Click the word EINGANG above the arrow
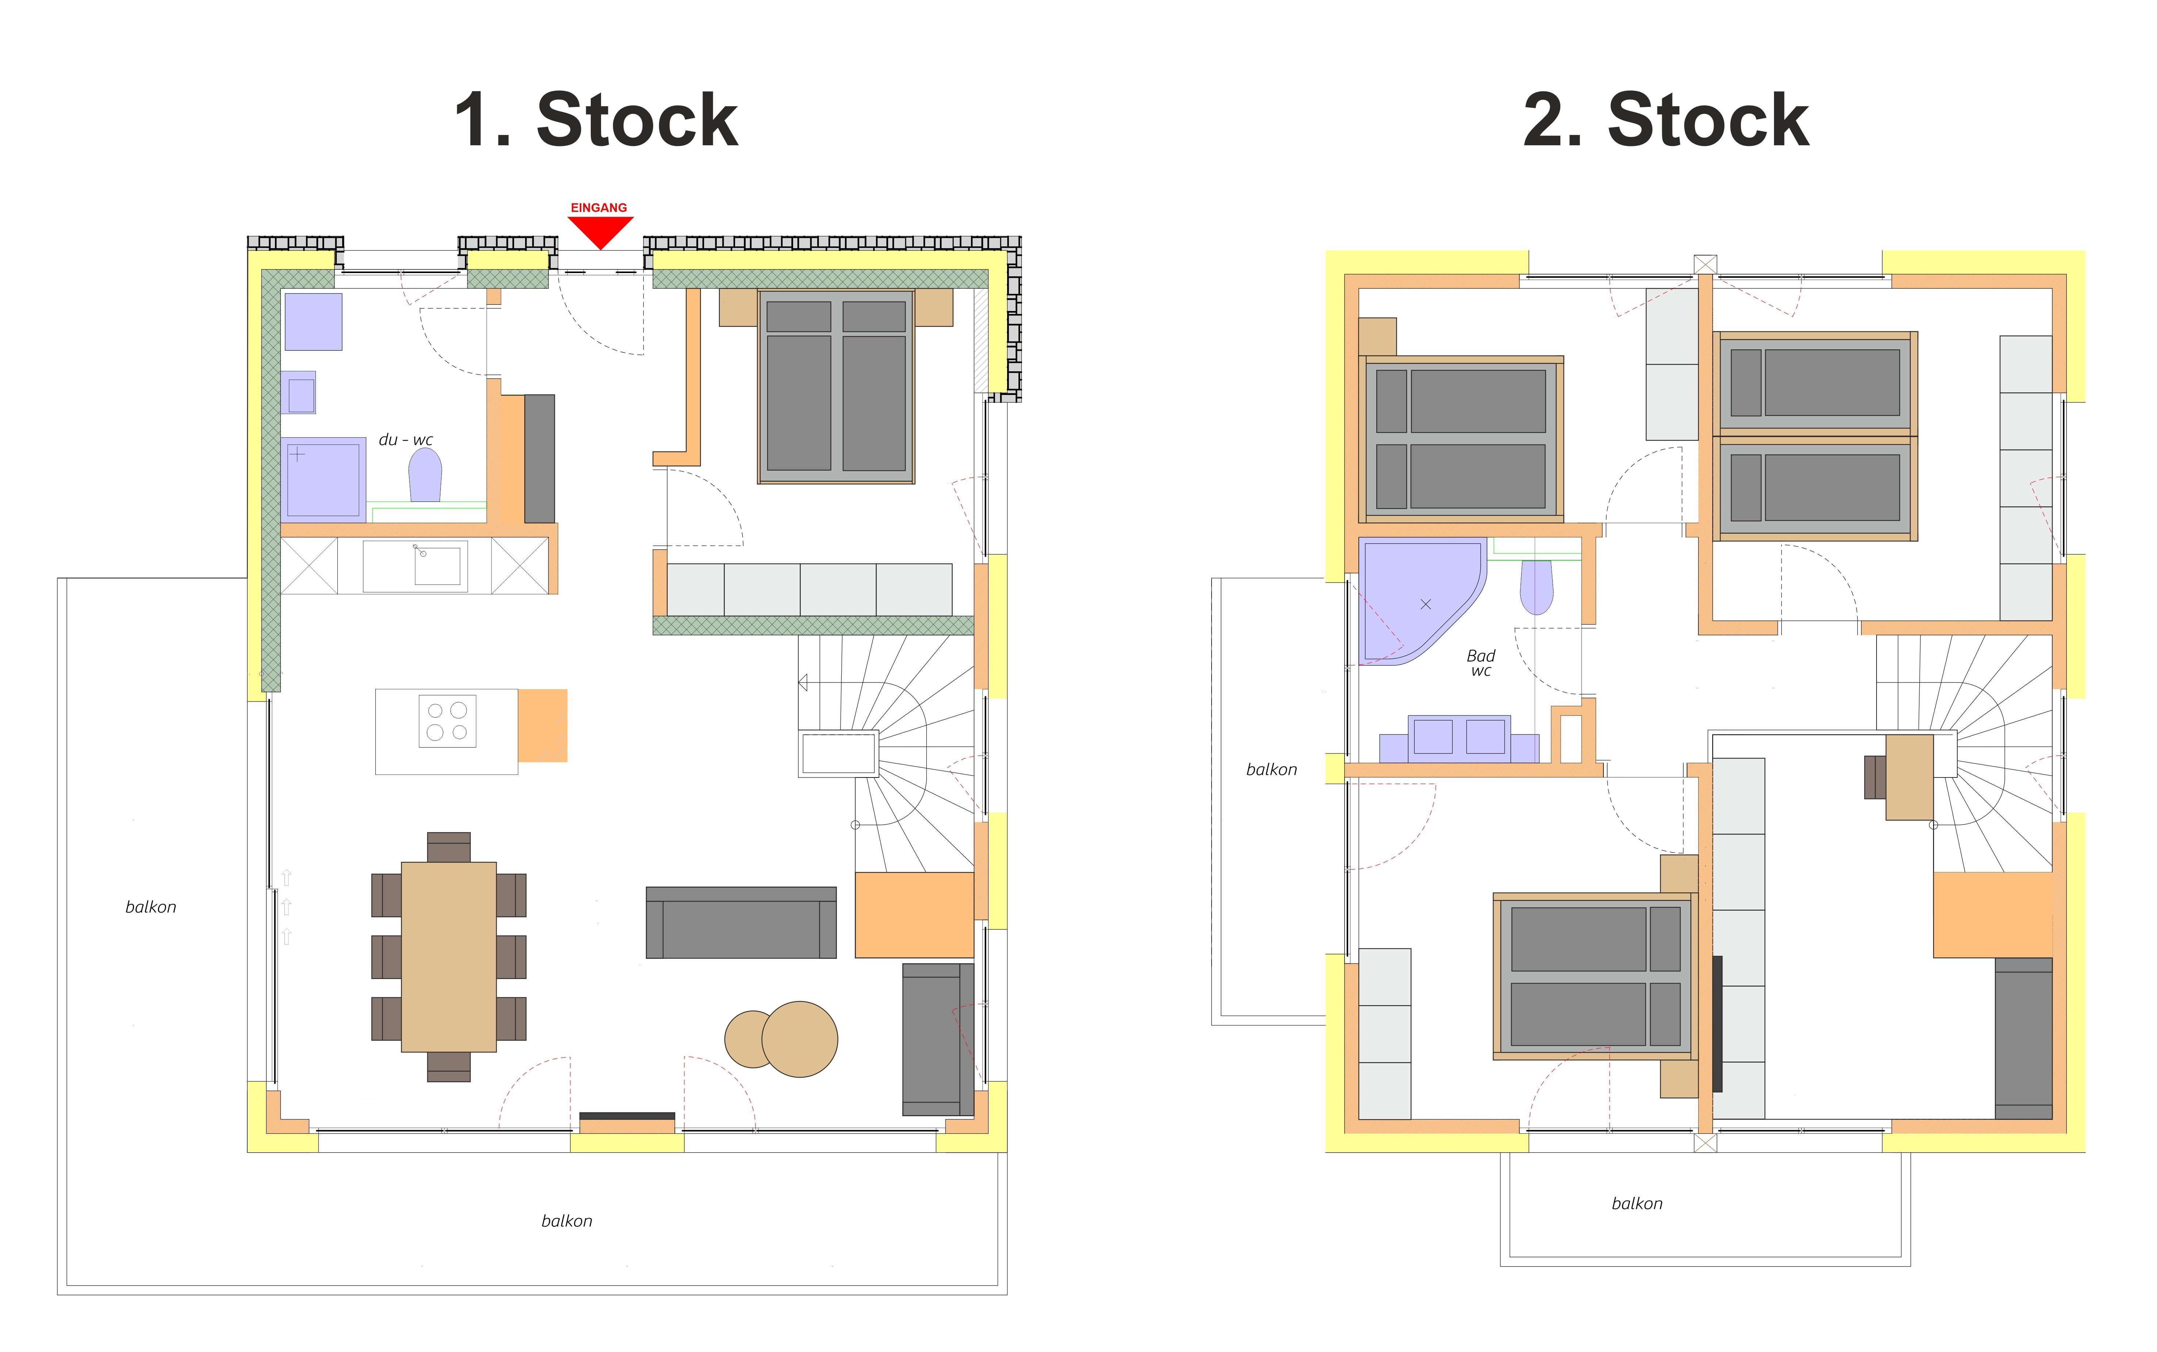[599, 207]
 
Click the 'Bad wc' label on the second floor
[1481, 662]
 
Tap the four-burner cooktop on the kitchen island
[447, 721]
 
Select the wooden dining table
[449, 957]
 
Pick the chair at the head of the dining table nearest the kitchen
[449, 847]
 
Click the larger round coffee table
[799, 1039]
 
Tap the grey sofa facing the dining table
[741, 923]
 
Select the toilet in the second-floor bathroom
[1536, 587]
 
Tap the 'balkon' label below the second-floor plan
[1637, 1203]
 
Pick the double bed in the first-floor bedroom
[836, 386]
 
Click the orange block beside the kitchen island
[543, 725]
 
